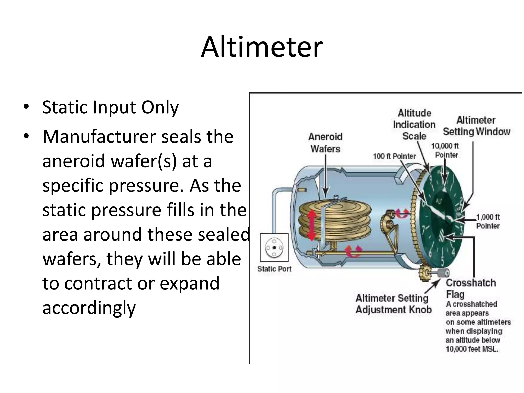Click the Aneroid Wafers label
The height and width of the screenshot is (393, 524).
(325, 143)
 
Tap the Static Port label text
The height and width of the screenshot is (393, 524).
(274, 269)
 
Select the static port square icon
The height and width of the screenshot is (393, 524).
(274, 247)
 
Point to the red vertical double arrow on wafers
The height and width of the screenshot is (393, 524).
(312, 225)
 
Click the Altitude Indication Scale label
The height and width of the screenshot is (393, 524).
(414, 125)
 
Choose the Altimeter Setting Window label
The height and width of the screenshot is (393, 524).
(476, 126)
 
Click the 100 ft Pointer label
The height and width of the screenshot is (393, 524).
(394, 156)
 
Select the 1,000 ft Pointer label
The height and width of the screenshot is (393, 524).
(488, 222)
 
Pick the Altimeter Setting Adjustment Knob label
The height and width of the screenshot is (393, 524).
(393, 304)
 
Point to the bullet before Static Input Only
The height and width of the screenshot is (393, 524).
(26, 107)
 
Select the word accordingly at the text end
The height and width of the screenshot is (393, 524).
(89, 308)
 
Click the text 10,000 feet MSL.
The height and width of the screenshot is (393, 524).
(472, 349)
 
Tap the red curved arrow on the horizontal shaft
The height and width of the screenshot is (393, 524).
(354, 251)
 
